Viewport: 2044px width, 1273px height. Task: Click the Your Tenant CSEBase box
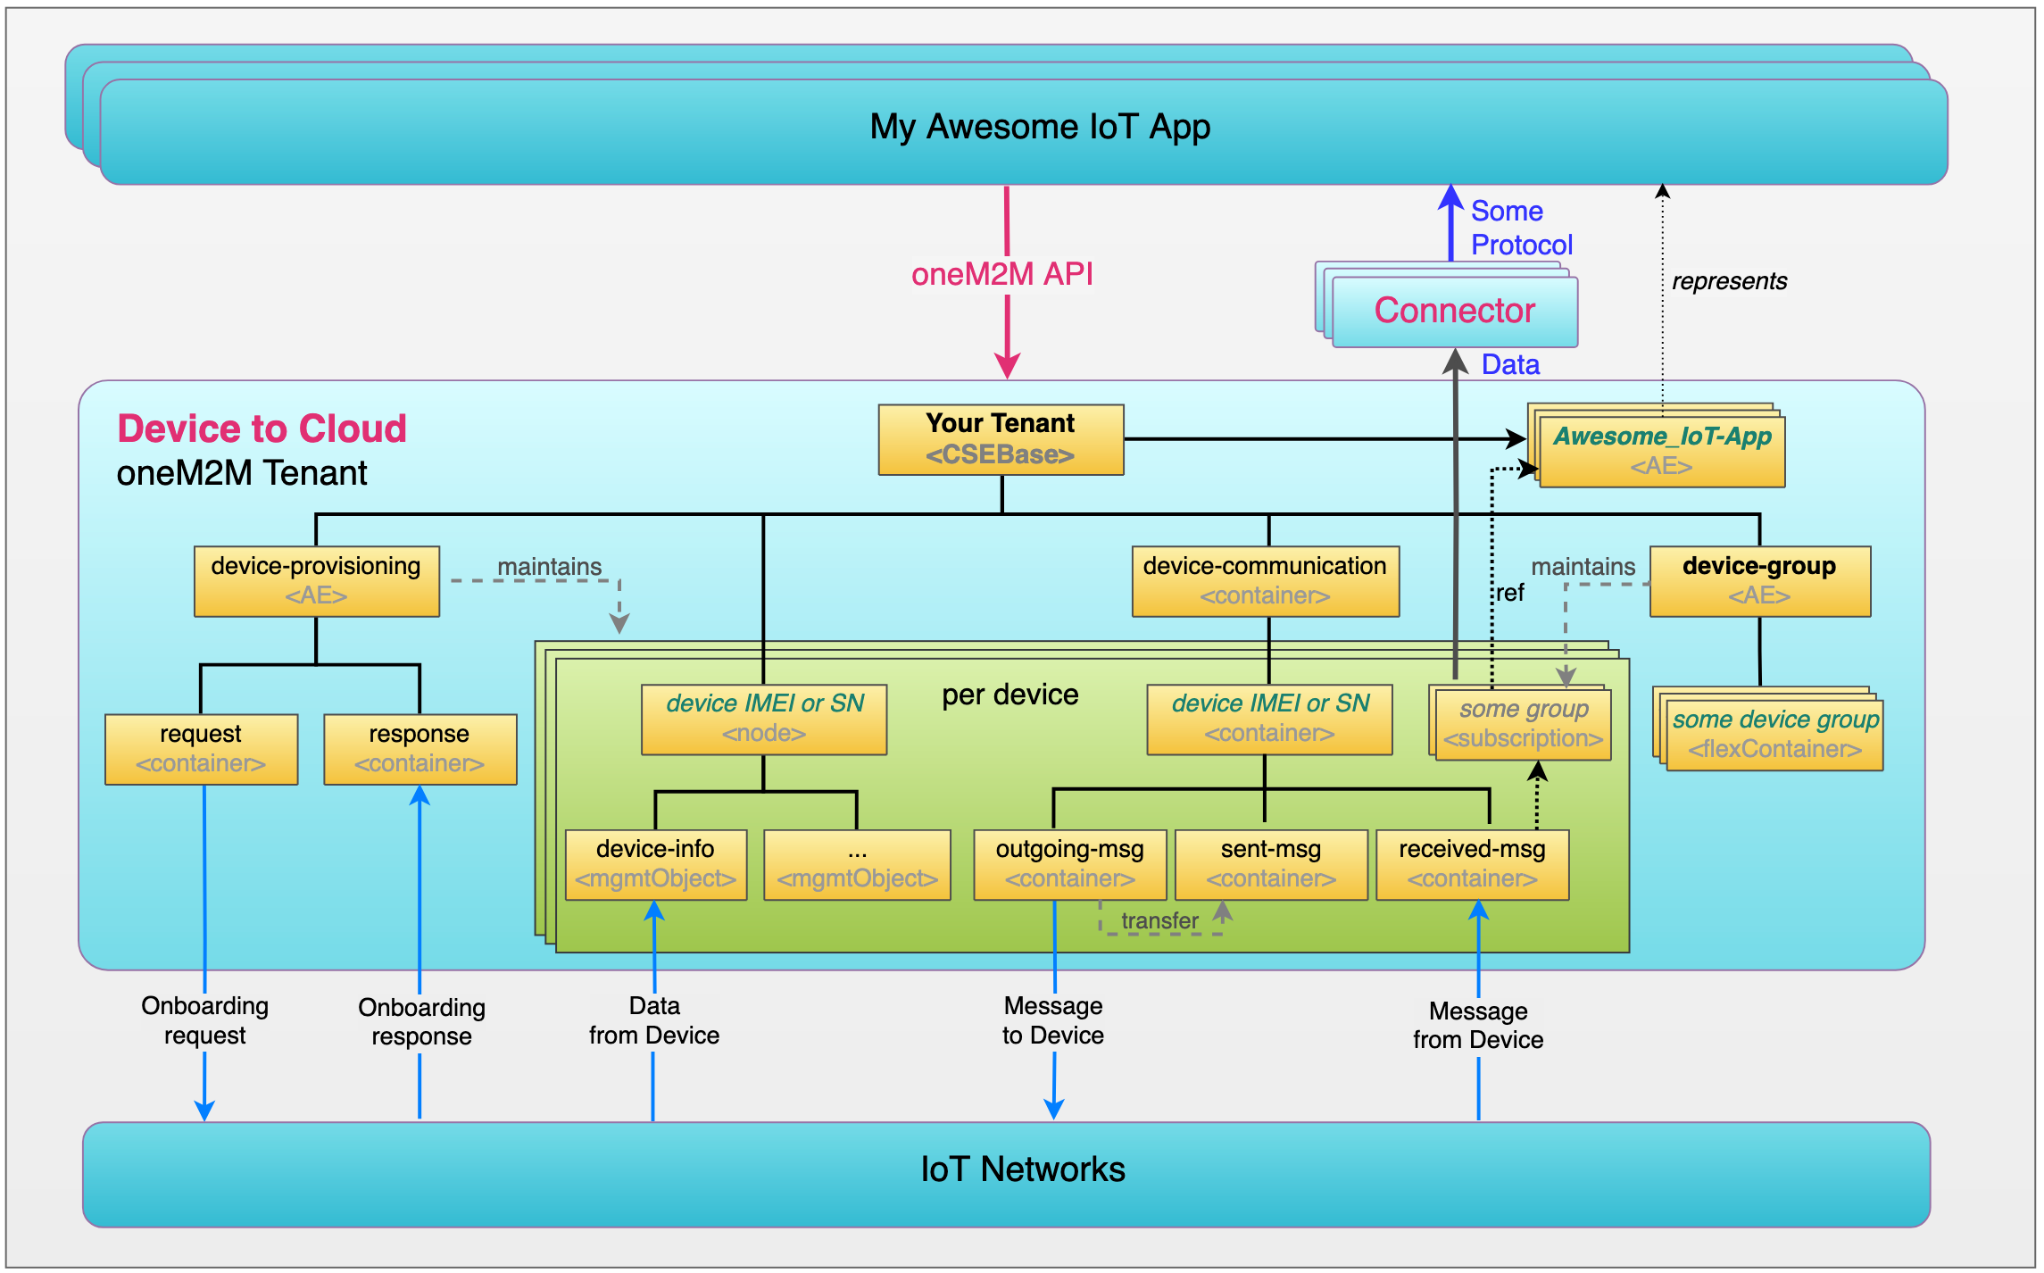point(1000,439)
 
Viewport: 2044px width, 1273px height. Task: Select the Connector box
point(1454,312)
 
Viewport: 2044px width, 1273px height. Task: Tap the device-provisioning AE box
point(316,581)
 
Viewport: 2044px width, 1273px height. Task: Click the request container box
point(201,749)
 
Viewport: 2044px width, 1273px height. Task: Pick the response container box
point(420,749)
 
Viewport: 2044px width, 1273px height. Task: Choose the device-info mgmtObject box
point(655,864)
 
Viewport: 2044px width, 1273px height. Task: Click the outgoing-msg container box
point(1069,864)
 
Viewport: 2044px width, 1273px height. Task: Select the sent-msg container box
point(1270,864)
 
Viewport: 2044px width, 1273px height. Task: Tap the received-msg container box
point(1472,864)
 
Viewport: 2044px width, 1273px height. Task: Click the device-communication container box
point(1265,581)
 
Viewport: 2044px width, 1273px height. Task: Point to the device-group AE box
point(1759,581)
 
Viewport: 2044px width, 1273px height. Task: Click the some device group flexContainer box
point(1774,735)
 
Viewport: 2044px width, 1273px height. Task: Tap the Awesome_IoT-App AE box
point(1662,451)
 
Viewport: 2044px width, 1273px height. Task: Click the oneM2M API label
point(1001,274)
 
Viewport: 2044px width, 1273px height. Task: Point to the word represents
point(1729,281)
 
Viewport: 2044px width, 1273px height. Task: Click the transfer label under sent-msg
point(1159,920)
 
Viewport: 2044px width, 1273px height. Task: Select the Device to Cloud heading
point(262,428)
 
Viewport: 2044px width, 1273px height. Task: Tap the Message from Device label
point(1478,1025)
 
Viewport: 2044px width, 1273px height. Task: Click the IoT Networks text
point(1023,1169)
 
